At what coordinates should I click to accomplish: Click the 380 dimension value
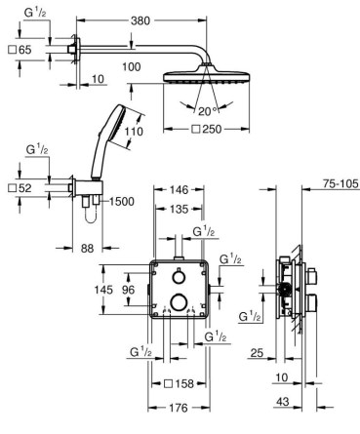(140, 20)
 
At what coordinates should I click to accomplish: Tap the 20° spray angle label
(207, 111)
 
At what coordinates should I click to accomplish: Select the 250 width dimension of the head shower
(207, 129)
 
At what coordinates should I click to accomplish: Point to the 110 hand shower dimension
(134, 132)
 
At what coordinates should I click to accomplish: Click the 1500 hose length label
(121, 202)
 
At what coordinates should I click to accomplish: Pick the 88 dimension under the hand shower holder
(87, 249)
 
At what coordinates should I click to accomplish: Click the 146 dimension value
(180, 189)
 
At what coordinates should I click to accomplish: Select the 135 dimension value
(180, 209)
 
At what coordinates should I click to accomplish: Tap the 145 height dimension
(103, 290)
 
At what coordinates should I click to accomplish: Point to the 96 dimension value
(128, 290)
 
